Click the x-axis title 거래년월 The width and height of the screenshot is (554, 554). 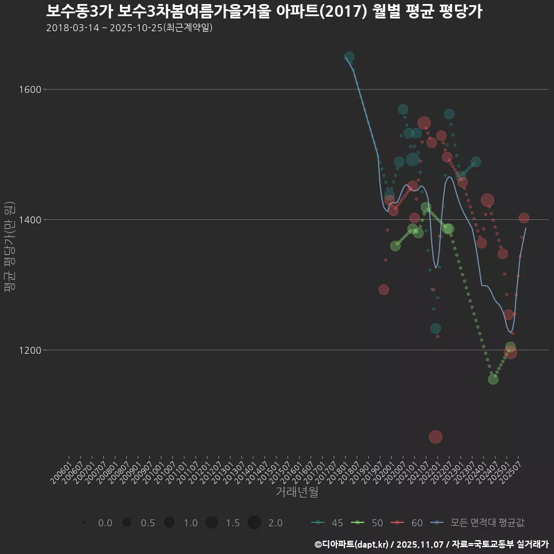[x=297, y=492]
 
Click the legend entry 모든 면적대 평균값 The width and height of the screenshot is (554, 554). [x=479, y=523]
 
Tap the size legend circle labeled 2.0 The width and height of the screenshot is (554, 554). [x=254, y=523]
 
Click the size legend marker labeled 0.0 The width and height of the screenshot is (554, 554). [x=84, y=523]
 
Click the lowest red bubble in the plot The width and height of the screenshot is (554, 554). [x=436, y=437]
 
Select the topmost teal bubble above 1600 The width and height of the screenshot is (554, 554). [x=349, y=57]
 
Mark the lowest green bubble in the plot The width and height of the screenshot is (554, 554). [x=493, y=379]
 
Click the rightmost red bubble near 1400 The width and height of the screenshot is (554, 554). [x=524, y=218]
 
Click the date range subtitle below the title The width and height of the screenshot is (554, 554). [x=129, y=28]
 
